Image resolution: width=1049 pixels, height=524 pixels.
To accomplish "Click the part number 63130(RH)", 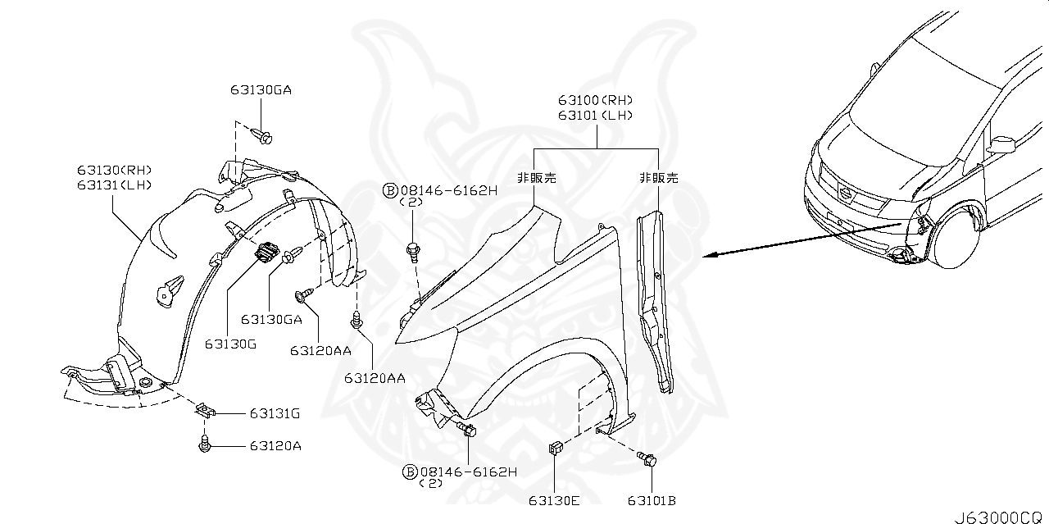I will click(115, 170).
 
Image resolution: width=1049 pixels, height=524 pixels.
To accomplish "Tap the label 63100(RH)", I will click(596, 101).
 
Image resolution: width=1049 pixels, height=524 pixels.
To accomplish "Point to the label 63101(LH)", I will click(596, 116).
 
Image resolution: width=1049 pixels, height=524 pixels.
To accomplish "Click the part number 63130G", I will click(230, 344).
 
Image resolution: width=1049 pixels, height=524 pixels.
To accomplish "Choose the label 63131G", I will click(275, 415).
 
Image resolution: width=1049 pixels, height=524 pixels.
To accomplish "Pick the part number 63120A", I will click(275, 446).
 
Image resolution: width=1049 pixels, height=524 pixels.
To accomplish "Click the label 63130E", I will click(555, 500).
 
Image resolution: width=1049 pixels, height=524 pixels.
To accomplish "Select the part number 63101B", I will click(652, 500).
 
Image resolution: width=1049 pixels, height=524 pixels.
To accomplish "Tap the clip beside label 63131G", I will click(205, 410).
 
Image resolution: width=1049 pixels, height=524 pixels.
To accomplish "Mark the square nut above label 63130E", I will click(555, 449).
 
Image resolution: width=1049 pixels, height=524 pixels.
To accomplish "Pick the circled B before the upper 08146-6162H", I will click(390, 190).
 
